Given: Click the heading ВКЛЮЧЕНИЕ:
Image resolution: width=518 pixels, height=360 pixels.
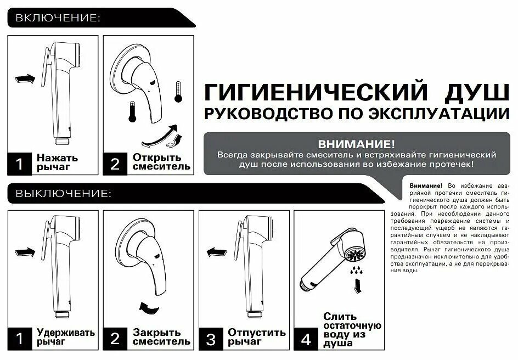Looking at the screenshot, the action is pyautogui.click(x=58, y=18).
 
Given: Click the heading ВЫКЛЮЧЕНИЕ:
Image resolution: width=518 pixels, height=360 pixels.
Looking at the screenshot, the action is pyautogui.click(x=64, y=193).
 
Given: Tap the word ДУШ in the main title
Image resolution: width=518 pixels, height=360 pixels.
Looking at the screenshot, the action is pyautogui.click(x=477, y=93).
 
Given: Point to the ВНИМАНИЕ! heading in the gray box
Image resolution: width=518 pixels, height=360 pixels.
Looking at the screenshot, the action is pyautogui.click(x=356, y=144).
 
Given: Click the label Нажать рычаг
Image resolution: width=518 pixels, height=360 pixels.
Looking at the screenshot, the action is pyautogui.click(x=57, y=162).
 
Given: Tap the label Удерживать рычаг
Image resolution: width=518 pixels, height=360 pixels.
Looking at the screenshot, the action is pyautogui.click(x=65, y=336).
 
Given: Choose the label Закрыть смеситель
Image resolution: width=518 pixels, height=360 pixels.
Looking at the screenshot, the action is pyautogui.click(x=161, y=336).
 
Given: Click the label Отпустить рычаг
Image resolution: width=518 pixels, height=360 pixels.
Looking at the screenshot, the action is pyautogui.click(x=257, y=336).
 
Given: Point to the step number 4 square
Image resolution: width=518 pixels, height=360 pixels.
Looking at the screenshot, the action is pyautogui.click(x=306, y=339).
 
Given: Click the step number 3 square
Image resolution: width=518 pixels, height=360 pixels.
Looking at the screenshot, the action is pyautogui.click(x=211, y=339).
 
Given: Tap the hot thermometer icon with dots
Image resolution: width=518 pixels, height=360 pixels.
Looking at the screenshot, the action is pyautogui.click(x=178, y=92).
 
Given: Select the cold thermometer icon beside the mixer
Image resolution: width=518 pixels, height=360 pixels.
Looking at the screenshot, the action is pyautogui.click(x=132, y=111).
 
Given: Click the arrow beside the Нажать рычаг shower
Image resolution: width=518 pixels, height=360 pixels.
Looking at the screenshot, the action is pyautogui.click(x=25, y=79).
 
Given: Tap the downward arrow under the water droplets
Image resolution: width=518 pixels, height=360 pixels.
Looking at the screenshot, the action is pyautogui.click(x=357, y=286).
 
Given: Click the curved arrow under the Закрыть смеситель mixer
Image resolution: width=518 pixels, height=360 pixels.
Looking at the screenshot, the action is pyautogui.click(x=149, y=308).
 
